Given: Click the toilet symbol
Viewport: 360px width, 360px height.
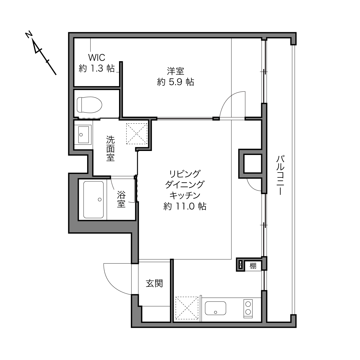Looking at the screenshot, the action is (89, 105).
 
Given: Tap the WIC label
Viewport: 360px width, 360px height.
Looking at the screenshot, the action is (96, 58).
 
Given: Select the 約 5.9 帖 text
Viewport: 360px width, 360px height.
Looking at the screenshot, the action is (175, 82).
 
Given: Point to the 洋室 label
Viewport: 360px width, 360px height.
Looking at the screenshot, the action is (175, 71).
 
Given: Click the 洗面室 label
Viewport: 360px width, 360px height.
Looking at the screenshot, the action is (110, 148).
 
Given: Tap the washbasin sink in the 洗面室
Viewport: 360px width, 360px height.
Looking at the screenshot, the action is (83, 135).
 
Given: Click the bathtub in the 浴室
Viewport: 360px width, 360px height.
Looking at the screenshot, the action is (93, 200).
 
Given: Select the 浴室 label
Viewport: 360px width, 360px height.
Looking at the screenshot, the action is (121, 199).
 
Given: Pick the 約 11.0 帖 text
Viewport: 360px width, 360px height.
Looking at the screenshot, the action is (185, 206).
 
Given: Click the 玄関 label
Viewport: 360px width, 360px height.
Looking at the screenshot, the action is (154, 284).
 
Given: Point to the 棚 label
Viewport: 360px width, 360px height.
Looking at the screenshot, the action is (253, 266).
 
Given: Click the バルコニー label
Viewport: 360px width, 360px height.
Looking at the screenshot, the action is (280, 175).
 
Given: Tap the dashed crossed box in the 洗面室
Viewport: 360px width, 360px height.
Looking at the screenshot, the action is (137, 134).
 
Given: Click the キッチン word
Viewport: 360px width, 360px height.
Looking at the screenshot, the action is (185, 196).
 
